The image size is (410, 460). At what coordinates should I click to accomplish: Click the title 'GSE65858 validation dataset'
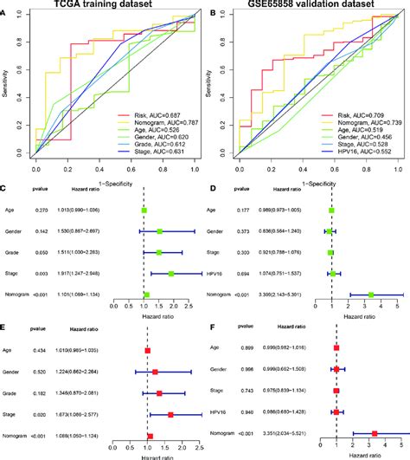[304, 6]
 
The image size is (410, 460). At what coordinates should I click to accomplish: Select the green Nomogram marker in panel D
[371, 295]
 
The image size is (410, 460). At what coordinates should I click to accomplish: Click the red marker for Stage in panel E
[170, 414]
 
